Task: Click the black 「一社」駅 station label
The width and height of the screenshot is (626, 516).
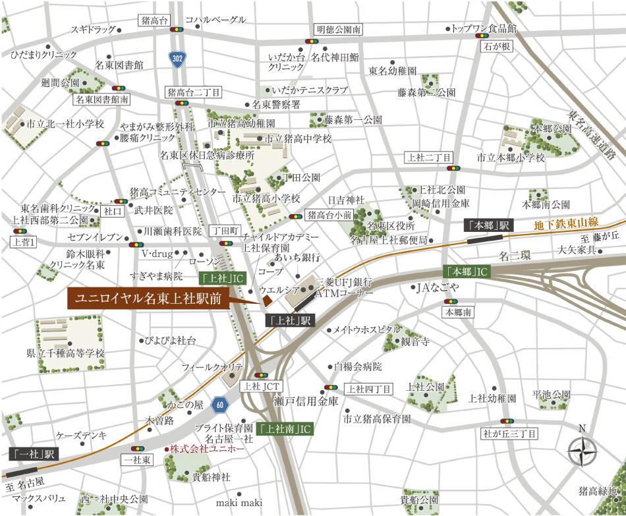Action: (x=35, y=453)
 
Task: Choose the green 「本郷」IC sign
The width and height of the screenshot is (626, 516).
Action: (x=467, y=271)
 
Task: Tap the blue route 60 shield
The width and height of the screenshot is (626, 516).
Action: (x=219, y=403)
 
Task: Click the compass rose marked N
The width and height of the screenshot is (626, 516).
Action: (x=582, y=453)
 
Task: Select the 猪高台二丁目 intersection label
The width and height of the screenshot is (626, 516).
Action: (x=194, y=92)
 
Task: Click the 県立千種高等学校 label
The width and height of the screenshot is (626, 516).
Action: (x=65, y=353)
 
